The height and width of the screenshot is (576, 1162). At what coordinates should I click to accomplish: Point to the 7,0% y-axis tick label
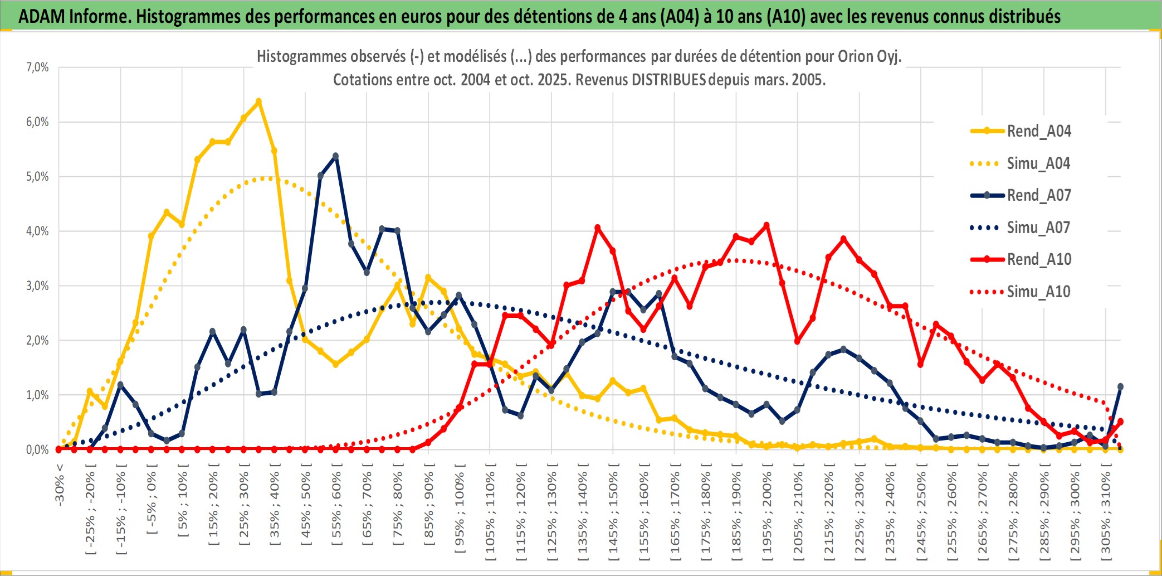tap(37, 67)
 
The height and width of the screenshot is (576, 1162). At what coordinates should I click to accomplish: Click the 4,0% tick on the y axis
tap(37, 231)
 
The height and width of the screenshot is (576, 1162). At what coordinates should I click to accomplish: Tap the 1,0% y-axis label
tap(37, 395)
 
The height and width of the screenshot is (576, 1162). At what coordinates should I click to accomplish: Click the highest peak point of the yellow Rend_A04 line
tap(258, 101)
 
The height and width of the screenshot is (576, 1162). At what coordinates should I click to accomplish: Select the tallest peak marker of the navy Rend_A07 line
tap(335, 156)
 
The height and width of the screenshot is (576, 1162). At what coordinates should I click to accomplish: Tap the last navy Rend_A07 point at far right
tap(1120, 386)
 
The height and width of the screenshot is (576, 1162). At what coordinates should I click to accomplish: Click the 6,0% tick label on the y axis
tap(37, 122)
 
